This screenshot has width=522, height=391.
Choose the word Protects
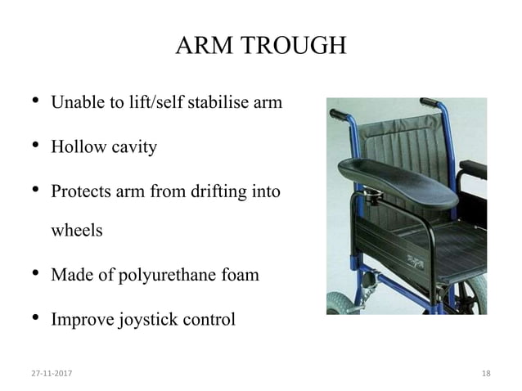tap(81, 192)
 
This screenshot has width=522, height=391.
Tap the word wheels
tap(77, 230)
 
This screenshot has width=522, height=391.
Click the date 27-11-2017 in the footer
tap(51, 374)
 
